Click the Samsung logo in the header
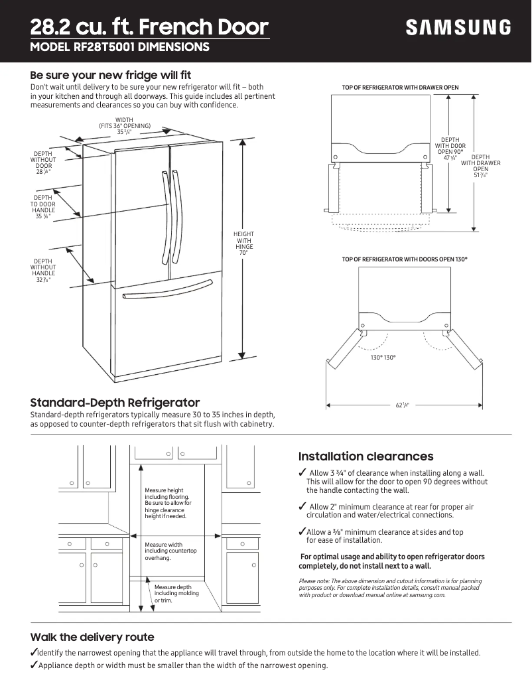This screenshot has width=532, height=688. pyautogui.click(x=458, y=27)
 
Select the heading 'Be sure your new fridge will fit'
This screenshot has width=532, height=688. pyautogui.click(x=111, y=75)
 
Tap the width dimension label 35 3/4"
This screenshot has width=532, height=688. pyautogui.click(x=125, y=132)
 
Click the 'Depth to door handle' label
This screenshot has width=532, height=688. pyautogui.click(x=43, y=207)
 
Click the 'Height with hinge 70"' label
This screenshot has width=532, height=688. pyautogui.click(x=243, y=243)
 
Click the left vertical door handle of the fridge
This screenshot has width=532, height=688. pyautogui.click(x=162, y=219)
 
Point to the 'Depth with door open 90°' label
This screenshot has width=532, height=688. pyautogui.click(x=450, y=149)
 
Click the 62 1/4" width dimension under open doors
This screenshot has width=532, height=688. pyautogui.click(x=403, y=405)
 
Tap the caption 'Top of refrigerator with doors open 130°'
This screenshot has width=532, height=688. pyautogui.click(x=400, y=259)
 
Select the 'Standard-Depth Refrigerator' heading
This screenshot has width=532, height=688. pyautogui.click(x=115, y=403)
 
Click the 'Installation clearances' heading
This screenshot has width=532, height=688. pyautogui.click(x=366, y=456)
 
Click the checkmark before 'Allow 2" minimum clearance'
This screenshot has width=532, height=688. pyautogui.click(x=302, y=508)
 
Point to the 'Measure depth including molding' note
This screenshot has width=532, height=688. pyautogui.click(x=172, y=593)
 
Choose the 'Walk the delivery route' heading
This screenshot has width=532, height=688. pyautogui.click(x=92, y=637)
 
